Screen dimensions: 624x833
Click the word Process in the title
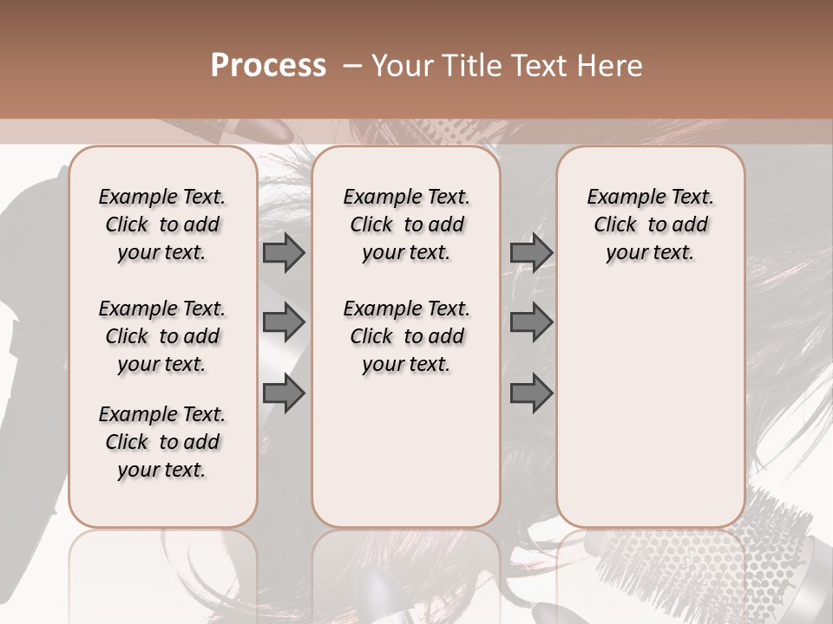[268, 66]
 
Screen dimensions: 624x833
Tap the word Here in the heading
[610, 66]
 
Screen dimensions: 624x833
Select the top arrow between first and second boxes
[284, 253]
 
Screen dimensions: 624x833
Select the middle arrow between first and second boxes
[284, 322]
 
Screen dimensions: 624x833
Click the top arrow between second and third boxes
[531, 253]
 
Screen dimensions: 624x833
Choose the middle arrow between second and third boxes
[531, 322]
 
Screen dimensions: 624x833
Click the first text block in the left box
[162, 224]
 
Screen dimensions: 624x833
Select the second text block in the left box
[162, 336]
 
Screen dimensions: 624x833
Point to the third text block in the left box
[162, 442]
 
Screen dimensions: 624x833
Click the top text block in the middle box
[407, 224]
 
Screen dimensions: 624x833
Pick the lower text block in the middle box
[407, 336]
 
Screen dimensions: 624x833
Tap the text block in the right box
[651, 224]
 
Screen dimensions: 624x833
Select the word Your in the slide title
[401, 66]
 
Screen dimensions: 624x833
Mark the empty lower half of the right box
[651, 416]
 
